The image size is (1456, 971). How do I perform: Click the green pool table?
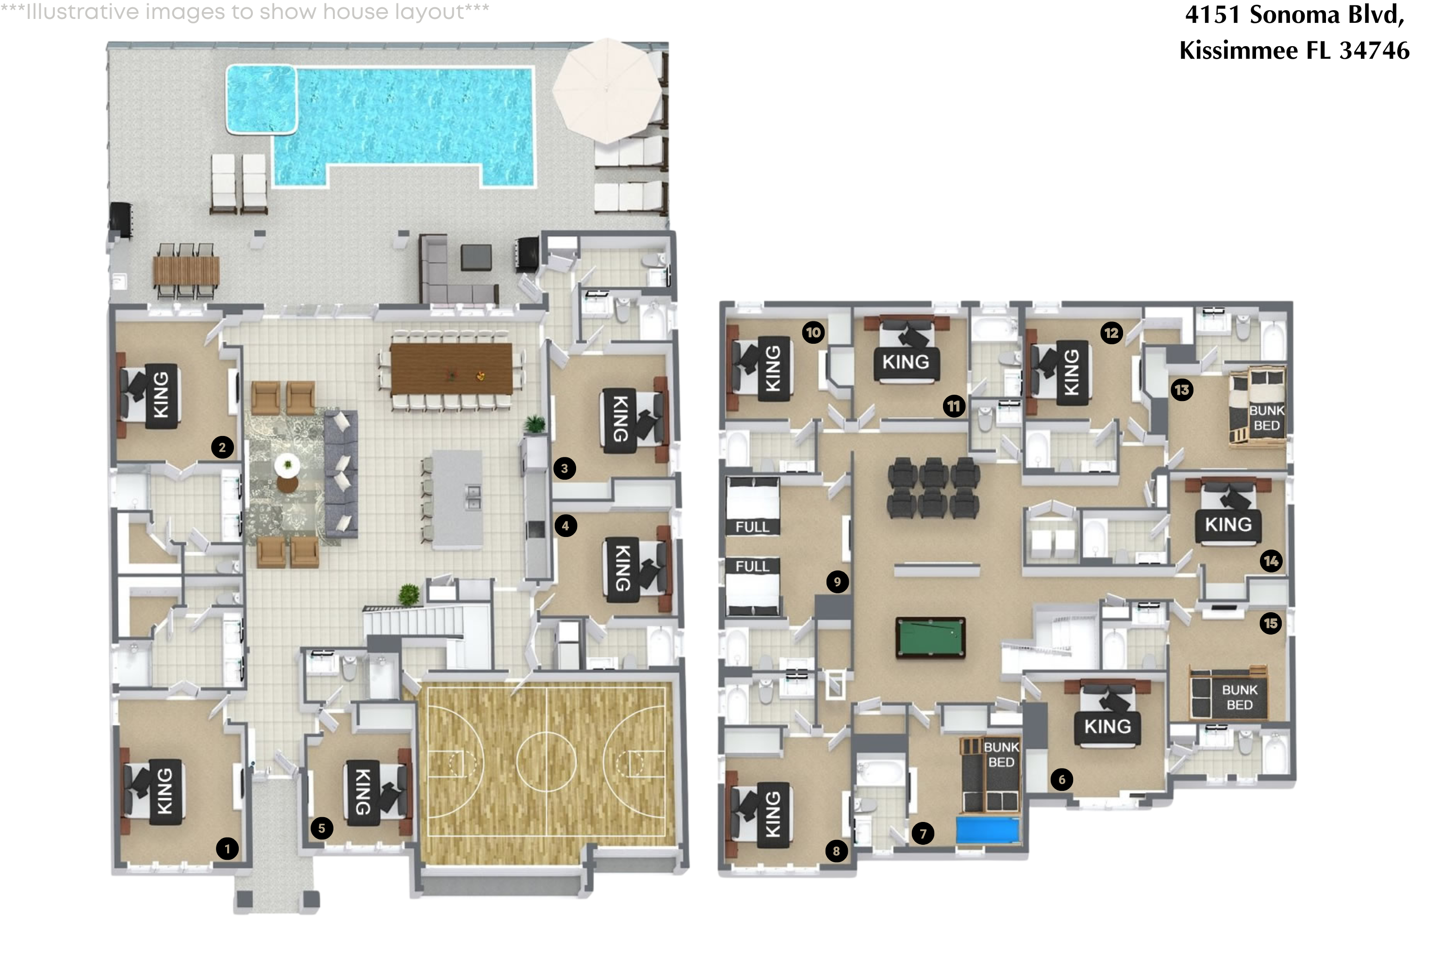coord(930,637)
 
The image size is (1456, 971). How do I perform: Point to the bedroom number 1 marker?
coord(227,848)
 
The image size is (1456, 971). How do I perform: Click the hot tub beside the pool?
coord(261,99)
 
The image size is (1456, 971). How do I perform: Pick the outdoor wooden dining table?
coord(186,270)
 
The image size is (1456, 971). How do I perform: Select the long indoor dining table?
coord(451,369)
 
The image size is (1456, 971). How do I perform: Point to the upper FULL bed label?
coord(752,526)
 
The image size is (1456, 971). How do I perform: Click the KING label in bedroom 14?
coord(1228,524)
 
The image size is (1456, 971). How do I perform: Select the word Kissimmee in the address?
coord(1238,50)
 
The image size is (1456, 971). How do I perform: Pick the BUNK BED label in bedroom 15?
coord(1240,697)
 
